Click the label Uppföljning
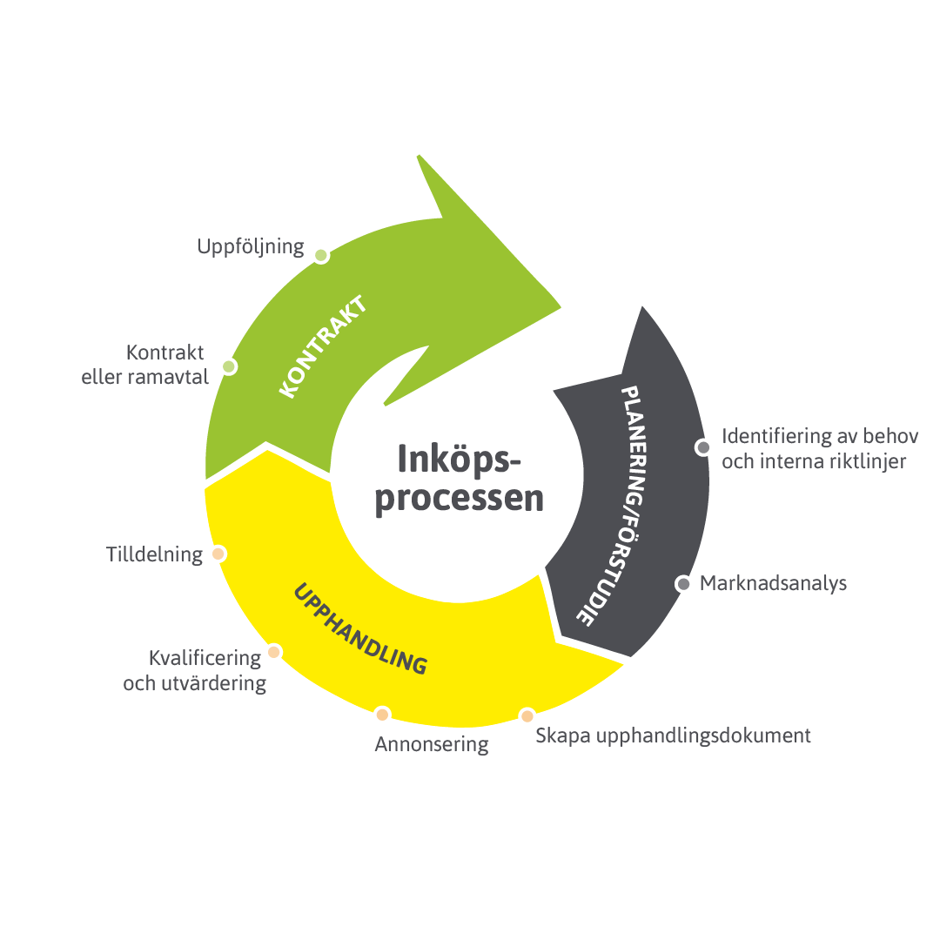coord(250,247)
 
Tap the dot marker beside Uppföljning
coord(321,255)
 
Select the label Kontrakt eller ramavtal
coord(145,366)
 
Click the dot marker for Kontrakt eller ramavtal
coord(229,366)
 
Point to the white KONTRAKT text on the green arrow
coord(322,348)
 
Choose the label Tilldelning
coord(154,554)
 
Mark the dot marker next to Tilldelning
coord(218,554)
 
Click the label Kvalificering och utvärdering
coord(195,670)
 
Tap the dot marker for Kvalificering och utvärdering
coord(273,652)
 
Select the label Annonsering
coord(432,745)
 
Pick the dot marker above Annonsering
coord(382,715)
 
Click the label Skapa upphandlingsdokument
coord(673,735)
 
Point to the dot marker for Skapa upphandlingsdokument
coord(527,716)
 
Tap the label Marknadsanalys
coord(773,583)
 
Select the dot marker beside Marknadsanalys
coord(682,584)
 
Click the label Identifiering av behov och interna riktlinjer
coord(814,448)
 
